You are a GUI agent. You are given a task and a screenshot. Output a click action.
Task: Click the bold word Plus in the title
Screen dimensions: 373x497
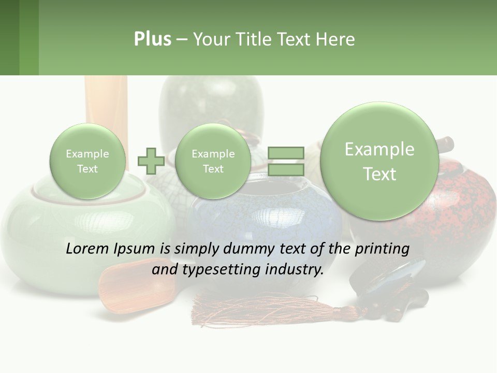[x=152, y=39]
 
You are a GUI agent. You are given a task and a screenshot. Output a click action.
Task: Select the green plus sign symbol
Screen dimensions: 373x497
[x=151, y=161]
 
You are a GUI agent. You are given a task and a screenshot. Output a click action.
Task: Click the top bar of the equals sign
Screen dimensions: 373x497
[x=285, y=153]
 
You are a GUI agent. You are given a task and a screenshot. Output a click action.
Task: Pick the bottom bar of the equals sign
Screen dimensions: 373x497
[x=285, y=169]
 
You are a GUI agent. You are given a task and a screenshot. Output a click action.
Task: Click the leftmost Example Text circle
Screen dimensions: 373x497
[x=87, y=161]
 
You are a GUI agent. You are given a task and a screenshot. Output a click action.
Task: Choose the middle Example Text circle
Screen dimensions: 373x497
[x=213, y=161]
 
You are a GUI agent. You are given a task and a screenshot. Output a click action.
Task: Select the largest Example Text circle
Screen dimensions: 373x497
[x=379, y=161]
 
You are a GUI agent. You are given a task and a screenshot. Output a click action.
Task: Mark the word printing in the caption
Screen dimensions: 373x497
[x=383, y=249]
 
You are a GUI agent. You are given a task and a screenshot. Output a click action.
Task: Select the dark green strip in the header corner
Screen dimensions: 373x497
[x=9, y=37]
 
